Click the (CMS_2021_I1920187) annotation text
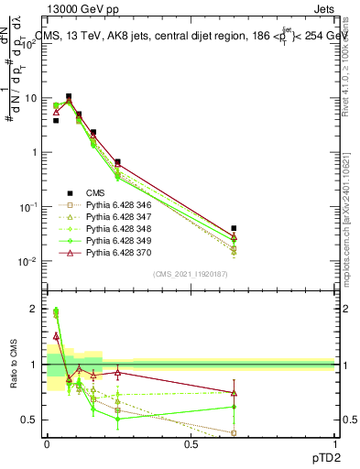tap(191, 273)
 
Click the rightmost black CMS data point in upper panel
tap(234, 228)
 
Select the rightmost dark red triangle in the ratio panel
tap(234, 393)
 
